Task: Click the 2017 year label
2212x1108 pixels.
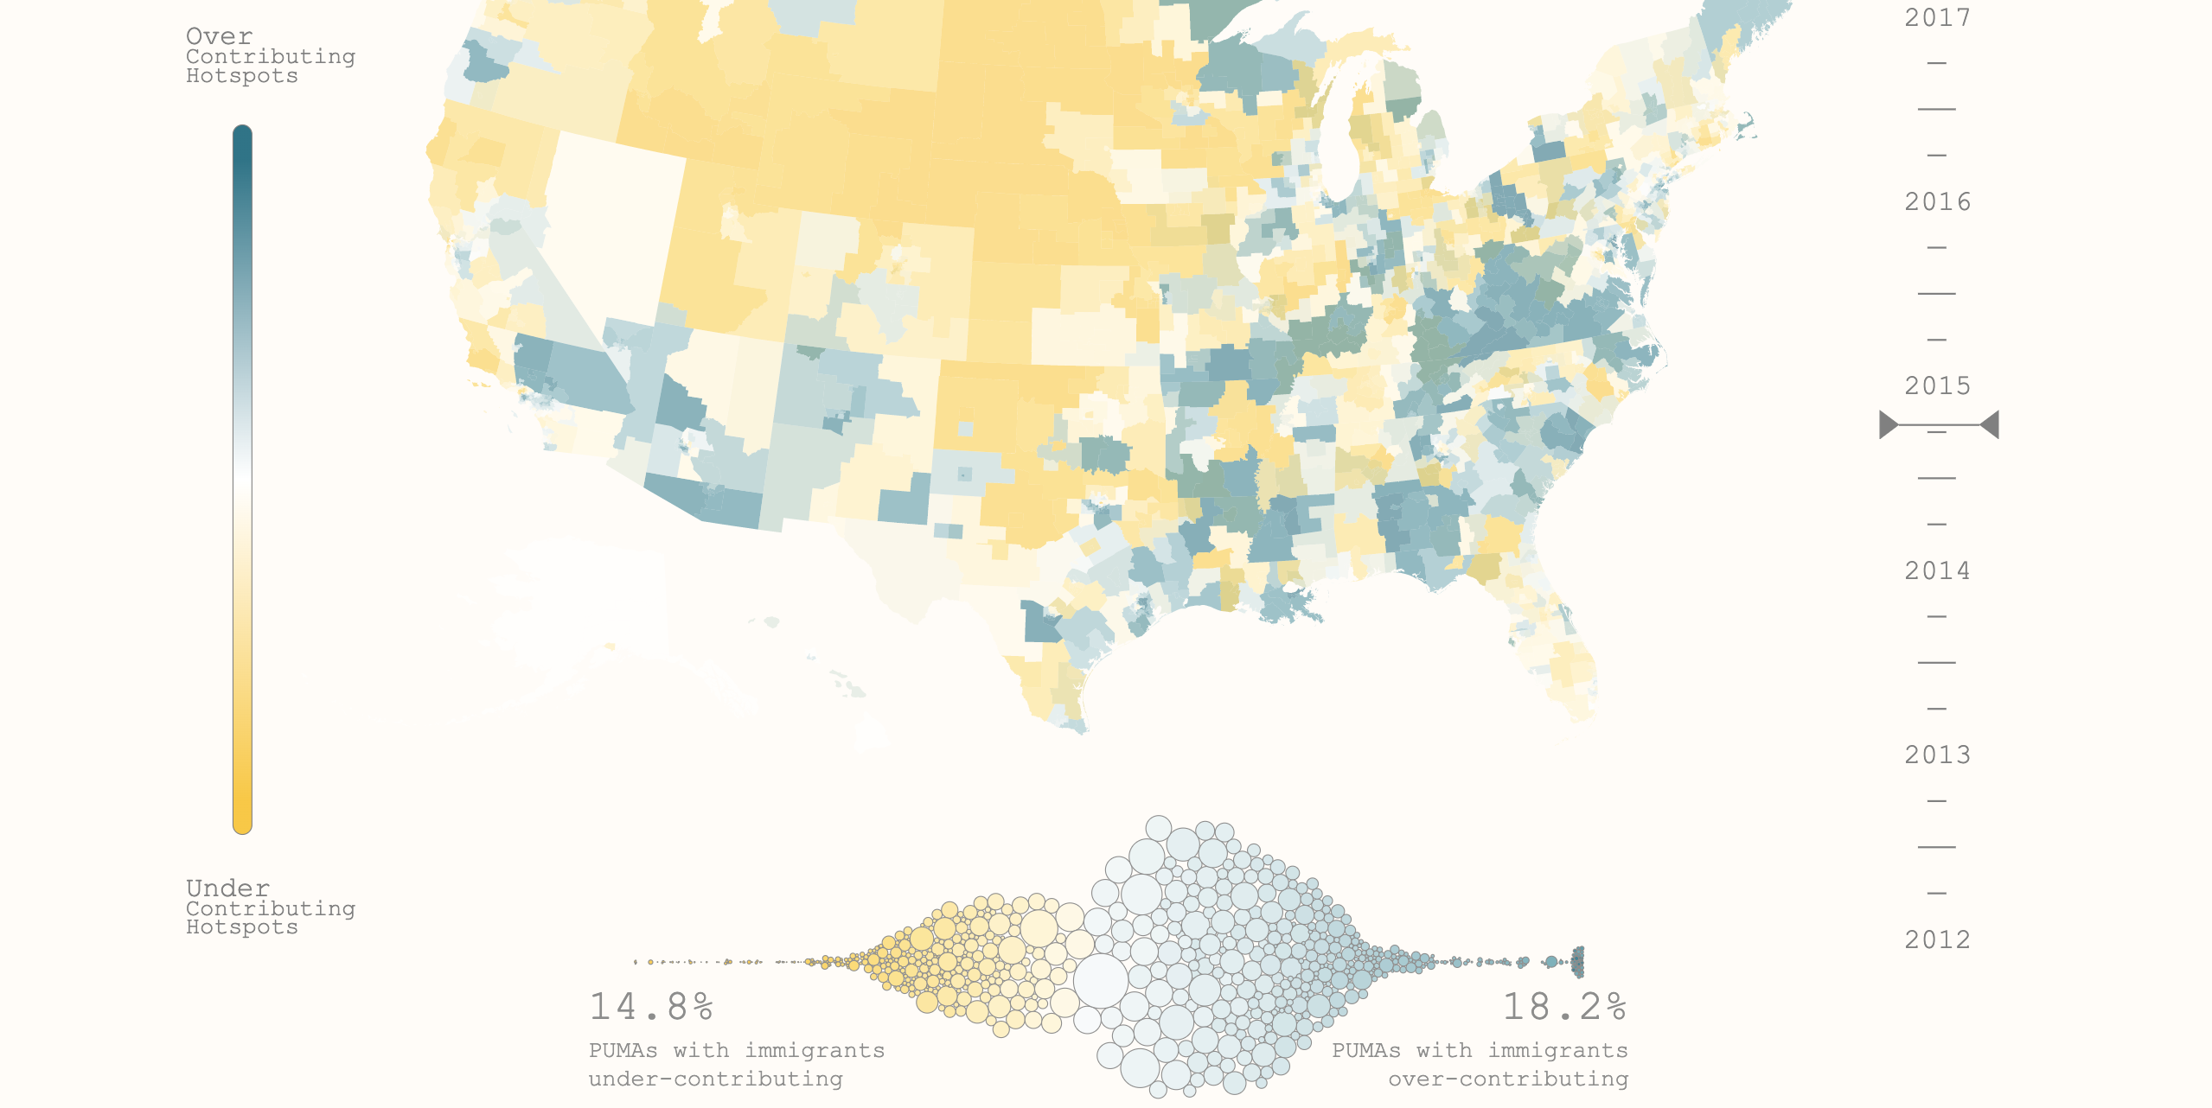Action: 1936,17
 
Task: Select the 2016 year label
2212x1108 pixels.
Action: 1936,201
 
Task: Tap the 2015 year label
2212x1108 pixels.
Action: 1936,385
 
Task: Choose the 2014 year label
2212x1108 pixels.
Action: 1936,570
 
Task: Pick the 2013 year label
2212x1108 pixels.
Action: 1936,755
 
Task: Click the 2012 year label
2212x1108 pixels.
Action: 1936,939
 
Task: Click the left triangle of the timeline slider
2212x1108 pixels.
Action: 1888,425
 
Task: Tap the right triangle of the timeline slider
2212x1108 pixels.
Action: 1990,425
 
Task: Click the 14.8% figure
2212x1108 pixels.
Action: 650,1007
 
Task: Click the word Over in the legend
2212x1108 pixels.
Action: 219,36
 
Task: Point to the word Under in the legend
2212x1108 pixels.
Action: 227,888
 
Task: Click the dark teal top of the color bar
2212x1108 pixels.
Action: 242,143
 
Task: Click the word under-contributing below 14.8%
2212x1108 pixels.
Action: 715,1079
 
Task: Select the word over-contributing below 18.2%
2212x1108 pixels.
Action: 1508,1079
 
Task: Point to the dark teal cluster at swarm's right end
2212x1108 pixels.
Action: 1577,961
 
